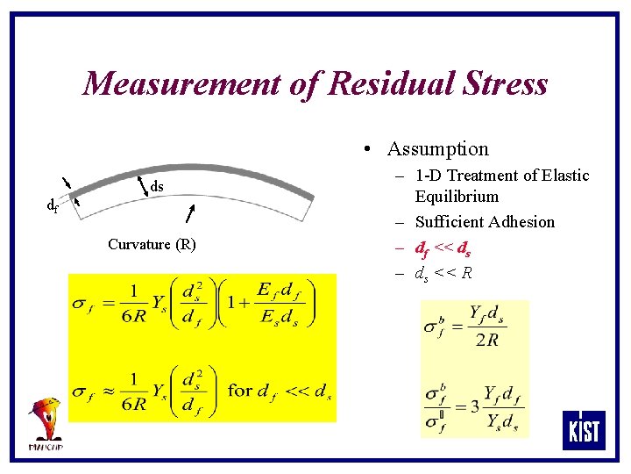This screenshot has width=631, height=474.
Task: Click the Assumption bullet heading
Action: point(437,149)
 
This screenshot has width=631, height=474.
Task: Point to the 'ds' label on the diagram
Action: point(157,186)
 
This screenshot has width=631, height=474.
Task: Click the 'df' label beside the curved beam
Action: point(53,206)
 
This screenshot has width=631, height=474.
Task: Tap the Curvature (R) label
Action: point(152,244)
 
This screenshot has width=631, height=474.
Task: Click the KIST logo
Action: point(584,430)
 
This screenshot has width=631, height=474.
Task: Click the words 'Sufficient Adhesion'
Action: point(485,222)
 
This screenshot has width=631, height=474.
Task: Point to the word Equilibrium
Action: point(457,197)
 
